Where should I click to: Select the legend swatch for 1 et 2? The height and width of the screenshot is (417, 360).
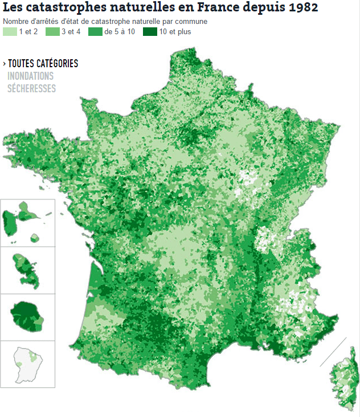tap(10, 32)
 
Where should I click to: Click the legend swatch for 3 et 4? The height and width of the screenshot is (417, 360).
tap(52, 32)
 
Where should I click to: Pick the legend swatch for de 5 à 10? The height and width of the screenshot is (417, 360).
tap(95, 32)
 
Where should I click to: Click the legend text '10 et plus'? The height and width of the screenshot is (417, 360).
tap(175, 32)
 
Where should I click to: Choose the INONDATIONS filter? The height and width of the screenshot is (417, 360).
tap(30, 76)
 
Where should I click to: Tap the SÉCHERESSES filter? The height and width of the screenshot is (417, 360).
tap(31, 88)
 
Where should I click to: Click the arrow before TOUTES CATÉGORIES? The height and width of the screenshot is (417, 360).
tap(4, 64)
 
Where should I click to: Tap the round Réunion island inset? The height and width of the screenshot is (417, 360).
tap(27, 316)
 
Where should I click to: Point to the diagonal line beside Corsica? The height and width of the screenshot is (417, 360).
tap(333, 351)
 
